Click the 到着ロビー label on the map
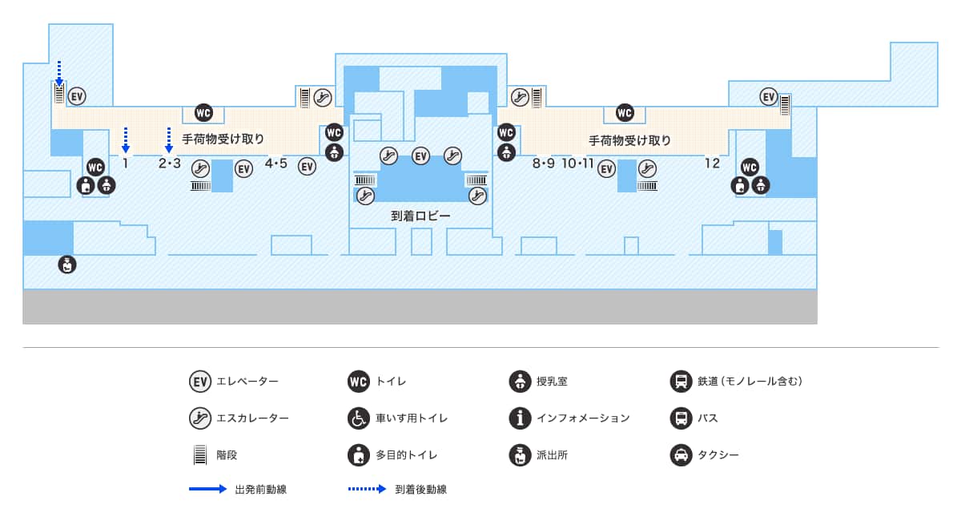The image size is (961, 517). tap(420, 216)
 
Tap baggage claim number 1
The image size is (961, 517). tap(126, 164)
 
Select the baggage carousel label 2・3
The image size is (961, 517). tap(170, 164)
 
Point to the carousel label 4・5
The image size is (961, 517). tap(275, 164)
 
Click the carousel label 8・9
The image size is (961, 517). tap(543, 164)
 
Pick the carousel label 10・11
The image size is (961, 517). tap(577, 164)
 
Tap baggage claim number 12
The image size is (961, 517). tap(712, 164)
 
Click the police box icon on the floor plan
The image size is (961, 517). tap(68, 264)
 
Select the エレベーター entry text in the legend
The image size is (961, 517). tap(247, 382)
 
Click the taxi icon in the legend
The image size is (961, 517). tap(680, 455)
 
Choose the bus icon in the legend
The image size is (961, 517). tap(680, 418)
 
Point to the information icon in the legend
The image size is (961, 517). tap(520, 418)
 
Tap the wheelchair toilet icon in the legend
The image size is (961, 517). tap(359, 418)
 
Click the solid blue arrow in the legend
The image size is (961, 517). tap(208, 489)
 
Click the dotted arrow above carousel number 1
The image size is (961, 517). tap(126, 139)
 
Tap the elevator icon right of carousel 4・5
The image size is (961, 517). tap(308, 167)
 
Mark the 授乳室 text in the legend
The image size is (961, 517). tap(552, 382)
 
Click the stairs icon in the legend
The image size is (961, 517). tap(199, 455)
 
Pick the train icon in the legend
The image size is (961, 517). tap(680, 382)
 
